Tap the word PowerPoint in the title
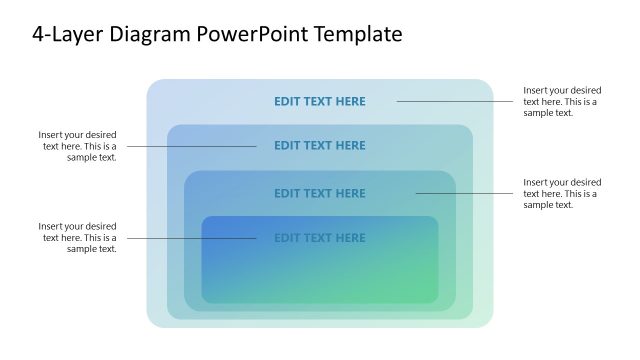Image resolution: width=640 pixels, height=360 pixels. pos(254,35)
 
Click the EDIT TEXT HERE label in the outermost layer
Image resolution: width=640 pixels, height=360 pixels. pos(320,101)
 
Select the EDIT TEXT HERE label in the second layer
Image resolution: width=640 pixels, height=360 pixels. pos(320,145)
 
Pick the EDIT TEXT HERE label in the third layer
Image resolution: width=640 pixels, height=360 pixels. pos(320,193)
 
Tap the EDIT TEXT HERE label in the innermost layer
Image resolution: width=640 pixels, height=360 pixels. pos(320,238)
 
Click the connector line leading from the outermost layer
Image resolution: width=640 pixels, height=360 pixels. pos(455,101)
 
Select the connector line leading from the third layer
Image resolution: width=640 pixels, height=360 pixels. pos(464,193)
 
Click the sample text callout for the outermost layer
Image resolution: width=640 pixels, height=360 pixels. pos(562,101)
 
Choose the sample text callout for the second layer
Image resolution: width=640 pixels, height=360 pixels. pos(77,146)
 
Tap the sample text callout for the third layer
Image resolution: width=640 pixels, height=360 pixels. pos(562,193)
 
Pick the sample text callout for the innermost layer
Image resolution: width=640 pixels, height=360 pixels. pos(77,238)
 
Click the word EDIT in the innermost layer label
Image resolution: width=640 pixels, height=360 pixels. pos(287,238)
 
